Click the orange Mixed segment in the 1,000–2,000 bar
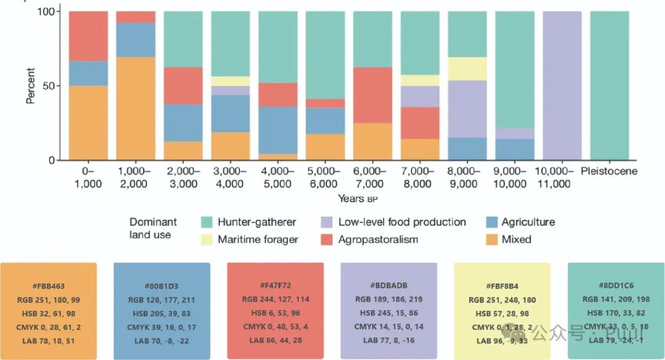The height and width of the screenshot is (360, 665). tap(135, 108)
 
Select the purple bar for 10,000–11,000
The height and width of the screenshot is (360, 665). tap(562, 86)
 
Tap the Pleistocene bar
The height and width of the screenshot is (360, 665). tap(610, 86)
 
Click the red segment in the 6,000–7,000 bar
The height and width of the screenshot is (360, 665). tap(373, 95)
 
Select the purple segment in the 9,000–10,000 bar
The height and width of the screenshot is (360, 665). tap(515, 134)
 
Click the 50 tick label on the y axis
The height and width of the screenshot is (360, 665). tap(51, 86)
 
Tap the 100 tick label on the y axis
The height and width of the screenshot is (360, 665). tap(48, 12)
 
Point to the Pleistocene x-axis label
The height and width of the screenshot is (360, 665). tap(609, 171)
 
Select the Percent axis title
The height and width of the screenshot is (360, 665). tap(30, 86)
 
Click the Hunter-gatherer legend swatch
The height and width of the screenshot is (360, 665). tap(207, 222)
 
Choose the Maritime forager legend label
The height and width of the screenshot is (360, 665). tap(257, 239)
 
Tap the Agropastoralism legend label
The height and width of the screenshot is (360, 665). tap(378, 239)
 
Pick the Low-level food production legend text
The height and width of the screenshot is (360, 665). tap(402, 222)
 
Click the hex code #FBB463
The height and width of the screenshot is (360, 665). tap(49, 287)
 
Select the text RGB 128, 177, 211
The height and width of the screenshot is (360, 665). tap(162, 300)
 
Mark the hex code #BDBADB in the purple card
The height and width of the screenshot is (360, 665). tap(388, 287)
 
